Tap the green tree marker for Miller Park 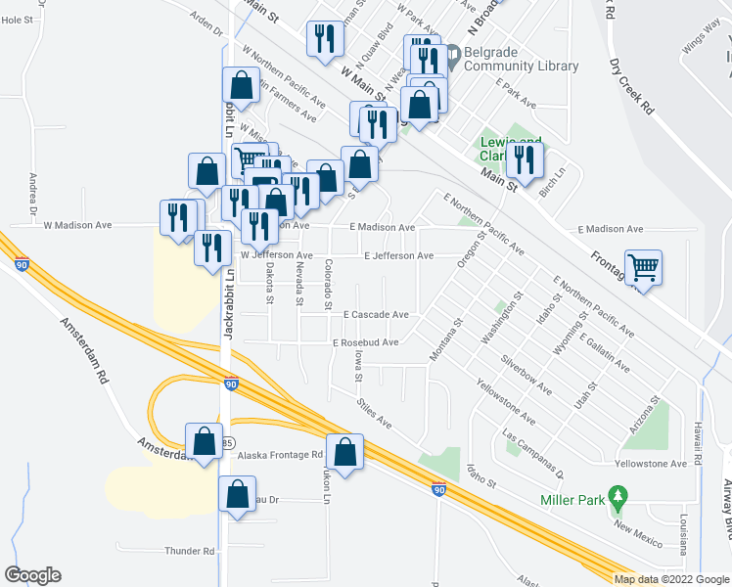[x=617, y=496]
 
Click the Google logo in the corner [x=32, y=575]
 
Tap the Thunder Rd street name [x=190, y=551]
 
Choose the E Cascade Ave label [x=376, y=315]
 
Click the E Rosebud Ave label [x=366, y=342]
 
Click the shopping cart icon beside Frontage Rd [x=643, y=265]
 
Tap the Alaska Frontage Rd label [x=280, y=455]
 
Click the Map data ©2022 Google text [x=670, y=579]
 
